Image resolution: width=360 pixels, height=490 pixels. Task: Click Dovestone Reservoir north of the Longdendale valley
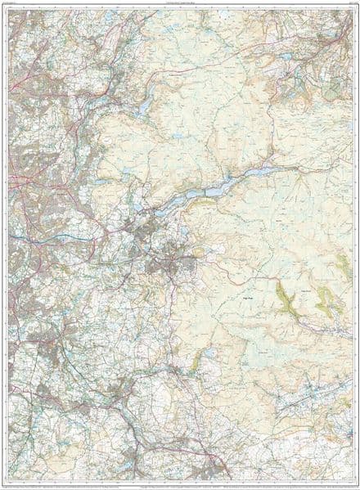pos(146,107)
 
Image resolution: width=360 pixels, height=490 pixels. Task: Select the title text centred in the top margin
pos(180,6)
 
